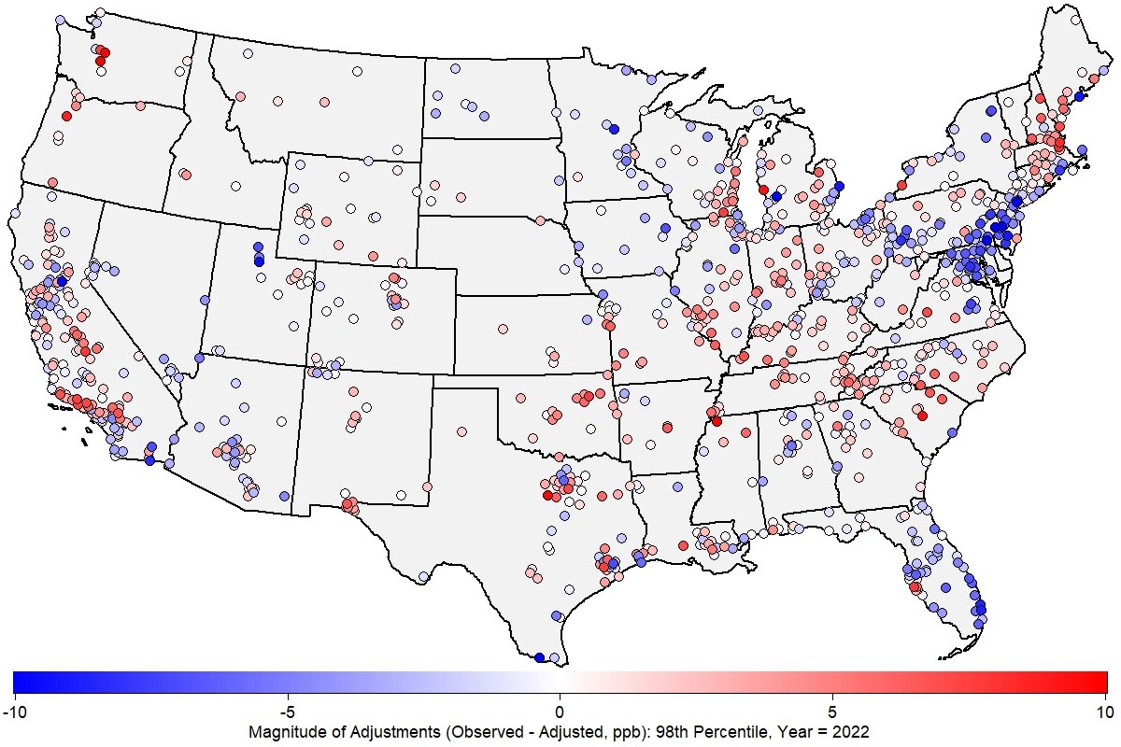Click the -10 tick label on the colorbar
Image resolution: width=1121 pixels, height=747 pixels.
click(14, 712)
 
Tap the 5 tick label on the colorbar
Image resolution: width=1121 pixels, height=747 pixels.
click(832, 712)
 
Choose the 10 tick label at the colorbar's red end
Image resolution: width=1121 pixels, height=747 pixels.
click(1105, 712)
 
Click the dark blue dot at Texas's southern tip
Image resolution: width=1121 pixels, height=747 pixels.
click(539, 657)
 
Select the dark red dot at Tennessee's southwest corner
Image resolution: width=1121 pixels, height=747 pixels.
click(716, 421)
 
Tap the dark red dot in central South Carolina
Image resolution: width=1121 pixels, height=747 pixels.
click(922, 416)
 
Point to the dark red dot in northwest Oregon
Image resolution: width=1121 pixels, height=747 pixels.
click(66, 116)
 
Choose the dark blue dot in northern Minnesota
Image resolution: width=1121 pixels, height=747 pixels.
click(614, 128)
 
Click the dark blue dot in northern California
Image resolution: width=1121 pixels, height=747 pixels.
click(62, 280)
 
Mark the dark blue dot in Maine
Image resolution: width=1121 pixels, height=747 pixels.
click(1078, 96)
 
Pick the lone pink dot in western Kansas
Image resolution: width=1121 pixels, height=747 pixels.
click(503, 329)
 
